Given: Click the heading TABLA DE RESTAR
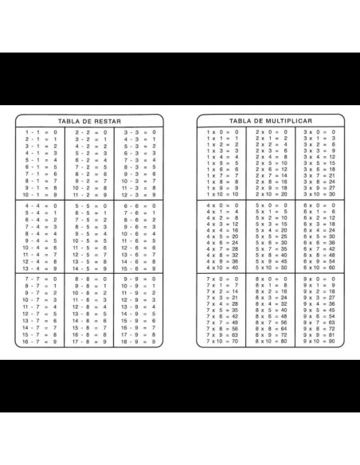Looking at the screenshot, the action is point(88,120).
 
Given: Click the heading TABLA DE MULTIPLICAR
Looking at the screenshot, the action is point(271,120).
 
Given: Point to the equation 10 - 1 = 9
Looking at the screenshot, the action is point(40,193).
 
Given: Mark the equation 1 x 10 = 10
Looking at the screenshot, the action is point(223,193).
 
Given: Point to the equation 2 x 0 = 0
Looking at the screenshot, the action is point(271,131).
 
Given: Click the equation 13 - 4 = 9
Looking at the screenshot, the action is point(40,268).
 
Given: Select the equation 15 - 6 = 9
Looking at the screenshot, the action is point(138,268).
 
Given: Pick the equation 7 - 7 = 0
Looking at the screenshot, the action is point(40,280).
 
